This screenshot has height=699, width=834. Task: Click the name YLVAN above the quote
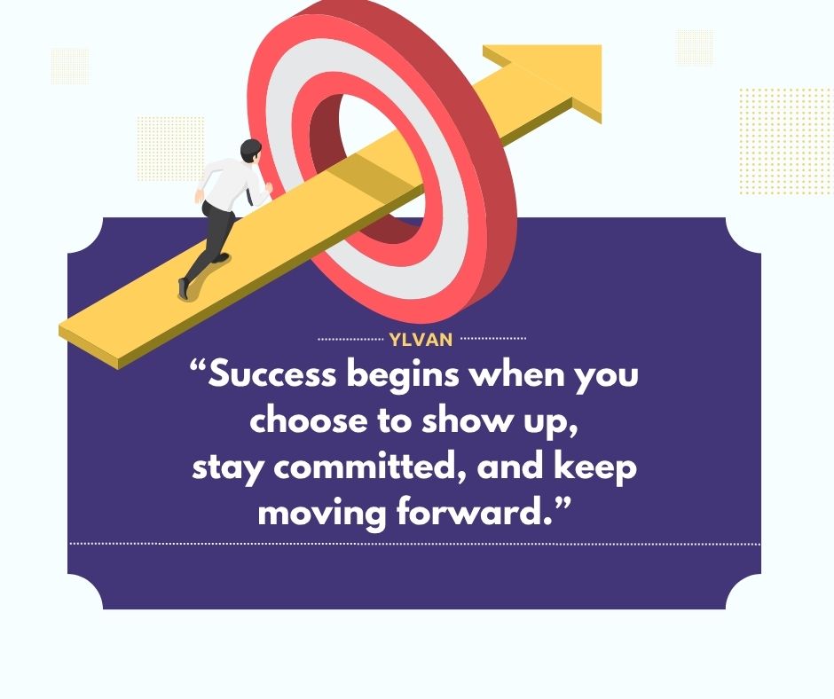click(421, 340)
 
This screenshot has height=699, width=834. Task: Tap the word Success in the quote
click(271, 374)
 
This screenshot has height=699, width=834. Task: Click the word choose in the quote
click(309, 420)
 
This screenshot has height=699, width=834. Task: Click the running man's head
click(250, 151)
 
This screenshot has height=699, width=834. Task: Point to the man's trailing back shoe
click(184, 288)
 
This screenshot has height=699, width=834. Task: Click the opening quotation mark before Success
click(198, 366)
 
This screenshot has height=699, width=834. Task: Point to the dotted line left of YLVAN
click(350, 339)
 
